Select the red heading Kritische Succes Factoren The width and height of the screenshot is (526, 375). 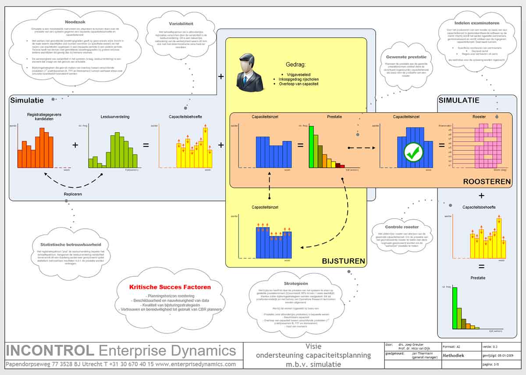(170, 287)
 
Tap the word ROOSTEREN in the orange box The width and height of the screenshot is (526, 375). (487, 182)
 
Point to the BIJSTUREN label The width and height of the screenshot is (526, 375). (343, 261)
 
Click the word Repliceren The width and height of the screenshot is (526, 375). (72, 193)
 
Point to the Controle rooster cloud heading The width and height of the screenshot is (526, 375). (402, 227)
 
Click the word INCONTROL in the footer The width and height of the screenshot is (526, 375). (50, 351)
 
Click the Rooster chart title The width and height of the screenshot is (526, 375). (479, 117)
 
